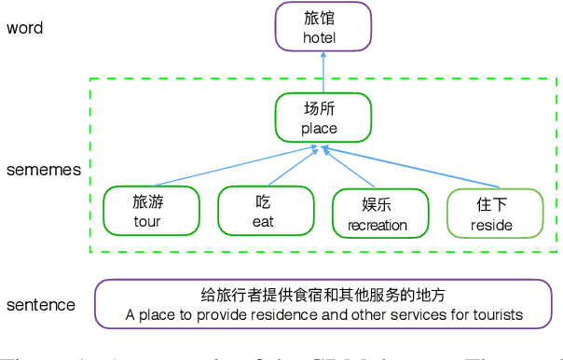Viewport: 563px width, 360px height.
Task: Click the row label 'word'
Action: pyautogui.click(x=25, y=27)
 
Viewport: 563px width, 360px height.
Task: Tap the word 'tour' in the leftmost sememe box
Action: pyautogui.click(x=147, y=221)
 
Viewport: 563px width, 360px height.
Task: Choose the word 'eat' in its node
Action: pyautogui.click(x=263, y=222)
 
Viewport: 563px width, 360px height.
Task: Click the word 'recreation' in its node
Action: pyautogui.click(x=378, y=224)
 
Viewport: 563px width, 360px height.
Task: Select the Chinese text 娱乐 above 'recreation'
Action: pyautogui.click(x=378, y=204)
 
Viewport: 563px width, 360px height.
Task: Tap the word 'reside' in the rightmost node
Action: pyautogui.click(x=491, y=224)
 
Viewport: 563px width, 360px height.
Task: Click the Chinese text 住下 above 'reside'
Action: pyautogui.click(x=492, y=204)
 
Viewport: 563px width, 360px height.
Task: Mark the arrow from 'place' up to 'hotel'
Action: pyautogui.click(x=323, y=72)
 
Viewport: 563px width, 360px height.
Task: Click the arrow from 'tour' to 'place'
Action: pyautogui.click(x=233, y=167)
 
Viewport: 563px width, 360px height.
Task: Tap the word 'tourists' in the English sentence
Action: pyautogui.click(x=496, y=315)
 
